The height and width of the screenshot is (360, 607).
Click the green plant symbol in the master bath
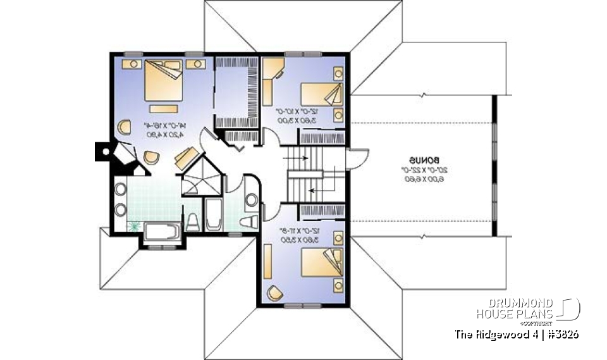pos(133,225)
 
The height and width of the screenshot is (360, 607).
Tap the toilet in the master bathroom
pos(193,221)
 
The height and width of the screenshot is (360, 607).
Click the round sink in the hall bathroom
pos(250,201)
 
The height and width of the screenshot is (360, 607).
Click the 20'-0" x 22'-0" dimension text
pos(420,170)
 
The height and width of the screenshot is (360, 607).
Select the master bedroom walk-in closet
pos(236,92)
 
